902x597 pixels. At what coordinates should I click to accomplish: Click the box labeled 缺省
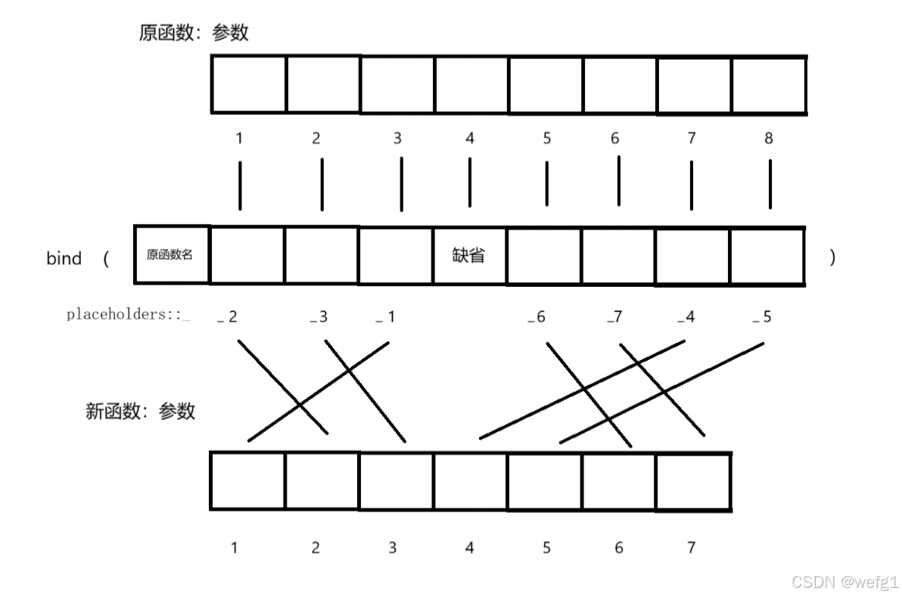point(469,256)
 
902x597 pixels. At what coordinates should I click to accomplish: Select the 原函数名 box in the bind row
point(170,255)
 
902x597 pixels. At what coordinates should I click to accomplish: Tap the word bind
point(64,259)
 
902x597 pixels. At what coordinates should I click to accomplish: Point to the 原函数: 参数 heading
point(194,33)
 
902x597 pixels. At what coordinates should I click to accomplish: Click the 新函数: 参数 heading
point(141,412)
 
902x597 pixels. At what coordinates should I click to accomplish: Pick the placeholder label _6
point(536,317)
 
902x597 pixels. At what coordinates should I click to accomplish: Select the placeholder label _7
point(614,317)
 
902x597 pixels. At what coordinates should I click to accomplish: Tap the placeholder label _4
point(686,317)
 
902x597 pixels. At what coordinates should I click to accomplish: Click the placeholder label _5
point(762,317)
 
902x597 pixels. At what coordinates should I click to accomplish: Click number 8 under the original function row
point(769,138)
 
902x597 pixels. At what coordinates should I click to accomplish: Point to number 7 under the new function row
point(691,548)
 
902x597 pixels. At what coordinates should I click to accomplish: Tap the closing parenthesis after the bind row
point(833,258)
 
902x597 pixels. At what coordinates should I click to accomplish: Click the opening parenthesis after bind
point(106,259)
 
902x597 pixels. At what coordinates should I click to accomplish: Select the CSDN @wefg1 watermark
point(843,581)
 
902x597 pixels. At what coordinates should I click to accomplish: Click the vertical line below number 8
point(770,184)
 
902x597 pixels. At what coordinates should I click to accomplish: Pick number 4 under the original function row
point(470,138)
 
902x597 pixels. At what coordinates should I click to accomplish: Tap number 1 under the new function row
point(235,548)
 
